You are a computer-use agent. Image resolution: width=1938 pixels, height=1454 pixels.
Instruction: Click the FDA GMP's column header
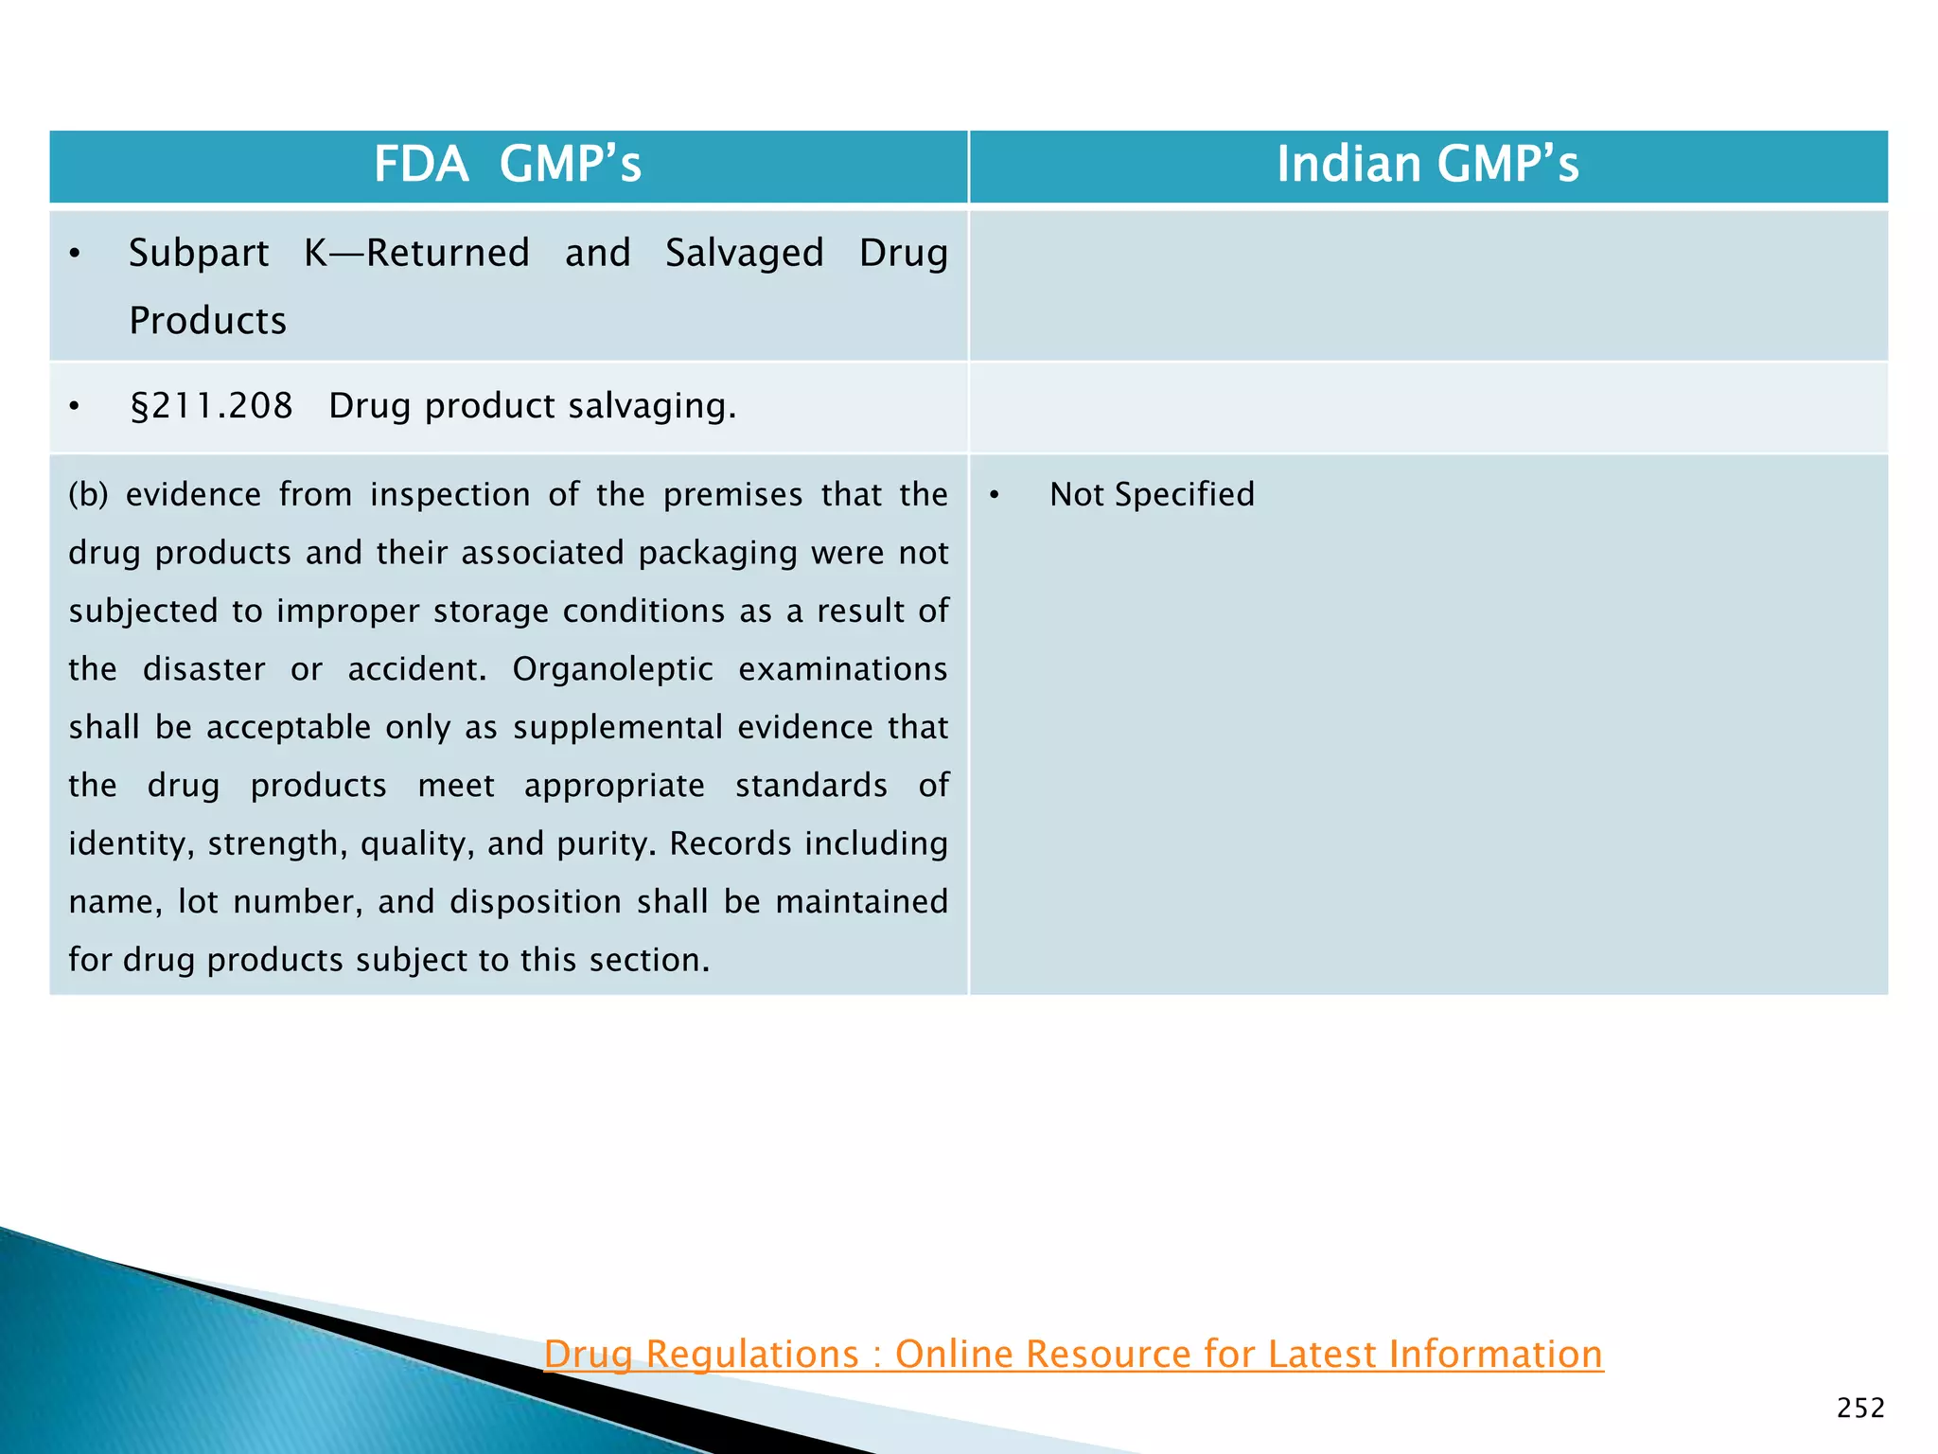coord(507,164)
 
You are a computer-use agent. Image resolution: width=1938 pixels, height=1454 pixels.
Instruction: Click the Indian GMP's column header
coord(1427,164)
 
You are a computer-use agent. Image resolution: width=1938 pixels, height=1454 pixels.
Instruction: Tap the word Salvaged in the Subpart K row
coord(744,254)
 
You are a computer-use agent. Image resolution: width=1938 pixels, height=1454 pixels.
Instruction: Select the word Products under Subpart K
coord(207,321)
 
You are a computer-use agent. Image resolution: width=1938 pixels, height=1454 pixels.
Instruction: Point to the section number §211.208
coord(211,406)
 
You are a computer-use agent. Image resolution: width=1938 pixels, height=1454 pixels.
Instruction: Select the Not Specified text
coord(1152,494)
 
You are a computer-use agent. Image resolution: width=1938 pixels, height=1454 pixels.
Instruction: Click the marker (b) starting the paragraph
coord(88,494)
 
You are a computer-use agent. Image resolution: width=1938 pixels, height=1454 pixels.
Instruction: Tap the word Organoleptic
coord(612,669)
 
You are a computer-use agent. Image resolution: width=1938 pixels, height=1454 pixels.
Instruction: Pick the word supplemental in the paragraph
coord(615,727)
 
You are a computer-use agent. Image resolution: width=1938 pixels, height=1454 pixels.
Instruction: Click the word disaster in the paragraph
coord(203,669)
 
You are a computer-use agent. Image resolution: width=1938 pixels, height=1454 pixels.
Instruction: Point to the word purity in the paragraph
coord(606,843)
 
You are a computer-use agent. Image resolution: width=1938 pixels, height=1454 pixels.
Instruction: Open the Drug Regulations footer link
coord(1073,1354)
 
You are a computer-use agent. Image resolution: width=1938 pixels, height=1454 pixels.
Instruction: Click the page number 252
coord(1860,1409)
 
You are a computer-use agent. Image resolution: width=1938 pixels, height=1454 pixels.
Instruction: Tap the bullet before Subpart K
coord(75,254)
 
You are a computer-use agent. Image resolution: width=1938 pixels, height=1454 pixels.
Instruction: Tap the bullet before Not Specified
coord(995,495)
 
